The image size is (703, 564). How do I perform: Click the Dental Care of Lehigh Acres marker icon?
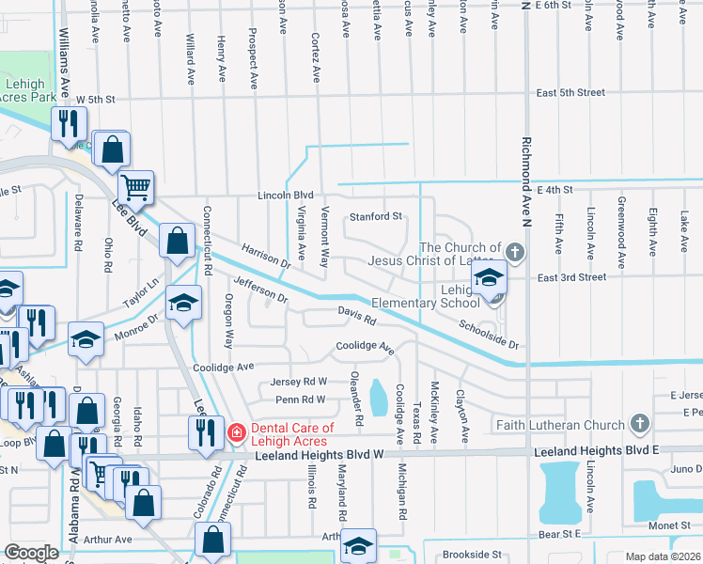tap(237, 433)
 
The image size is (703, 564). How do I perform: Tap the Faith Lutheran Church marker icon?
tap(641, 424)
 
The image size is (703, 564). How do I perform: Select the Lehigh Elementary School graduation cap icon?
tap(489, 278)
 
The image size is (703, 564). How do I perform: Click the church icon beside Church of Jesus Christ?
tap(513, 252)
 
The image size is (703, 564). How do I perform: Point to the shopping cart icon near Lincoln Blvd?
tap(136, 188)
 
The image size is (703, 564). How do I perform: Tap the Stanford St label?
tap(376, 217)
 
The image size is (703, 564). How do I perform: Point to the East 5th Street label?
tap(570, 93)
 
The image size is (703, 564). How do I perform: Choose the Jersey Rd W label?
tap(298, 382)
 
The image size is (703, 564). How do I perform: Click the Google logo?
tap(31, 553)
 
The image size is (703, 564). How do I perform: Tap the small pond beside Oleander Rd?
tap(380, 398)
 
